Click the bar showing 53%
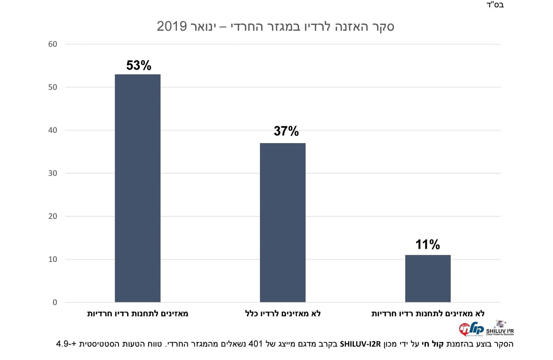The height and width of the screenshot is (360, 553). [137, 188]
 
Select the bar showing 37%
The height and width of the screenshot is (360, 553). [282, 222]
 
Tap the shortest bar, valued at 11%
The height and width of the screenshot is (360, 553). [428, 279]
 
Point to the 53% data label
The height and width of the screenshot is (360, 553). [139, 66]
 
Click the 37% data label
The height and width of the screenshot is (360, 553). [286, 131]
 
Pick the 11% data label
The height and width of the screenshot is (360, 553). [428, 245]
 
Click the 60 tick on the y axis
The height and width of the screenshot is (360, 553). [53, 44]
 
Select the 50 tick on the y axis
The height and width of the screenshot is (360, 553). [53, 87]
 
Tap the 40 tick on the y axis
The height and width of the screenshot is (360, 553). [53, 130]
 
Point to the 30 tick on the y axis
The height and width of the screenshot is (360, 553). [53, 173]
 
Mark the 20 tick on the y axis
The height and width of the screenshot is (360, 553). [53, 217]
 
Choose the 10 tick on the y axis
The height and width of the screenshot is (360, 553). [53, 260]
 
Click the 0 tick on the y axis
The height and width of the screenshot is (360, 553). [55, 303]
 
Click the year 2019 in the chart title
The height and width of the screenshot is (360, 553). [172, 26]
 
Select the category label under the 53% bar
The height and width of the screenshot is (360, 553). [137, 314]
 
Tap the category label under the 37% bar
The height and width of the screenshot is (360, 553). [283, 314]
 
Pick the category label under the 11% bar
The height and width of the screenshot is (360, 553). [428, 314]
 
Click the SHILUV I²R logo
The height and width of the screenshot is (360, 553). [500, 328]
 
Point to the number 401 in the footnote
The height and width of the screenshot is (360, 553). [256, 344]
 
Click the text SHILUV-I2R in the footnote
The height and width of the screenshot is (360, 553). [360, 344]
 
